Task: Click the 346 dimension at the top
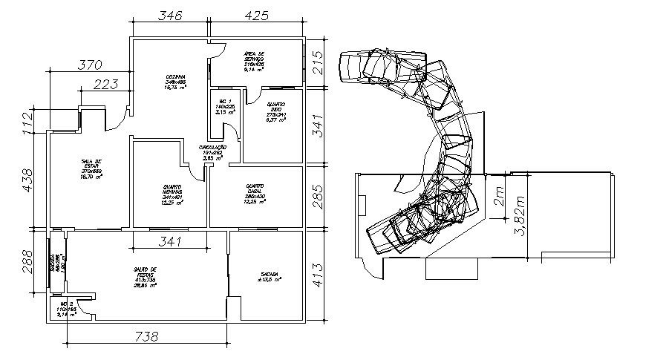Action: click(x=171, y=15)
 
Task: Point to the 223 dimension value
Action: click(x=107, y=85)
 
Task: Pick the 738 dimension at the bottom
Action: click(x=146, y=336)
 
